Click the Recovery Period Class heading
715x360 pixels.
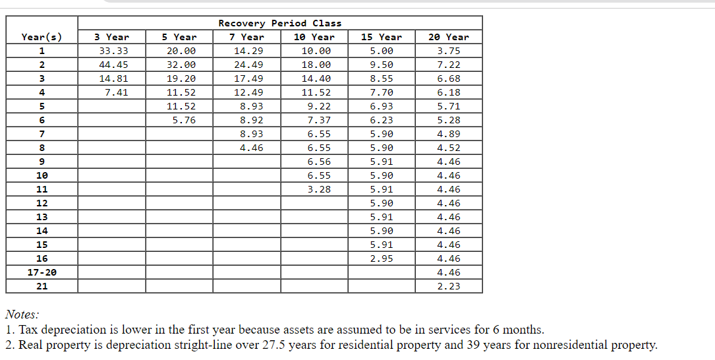point(279,23)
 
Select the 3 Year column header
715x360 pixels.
point(111,37)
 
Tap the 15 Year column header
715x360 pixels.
point(381,37)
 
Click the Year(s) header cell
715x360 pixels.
point(42,37)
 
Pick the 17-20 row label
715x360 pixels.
point(42,272)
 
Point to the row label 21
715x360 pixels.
point(42,286)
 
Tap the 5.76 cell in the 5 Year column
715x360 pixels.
point(181,120)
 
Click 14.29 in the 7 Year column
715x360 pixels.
point(248,51)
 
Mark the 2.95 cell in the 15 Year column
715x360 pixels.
point(382,258)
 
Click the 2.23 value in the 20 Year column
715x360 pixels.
point(449,286)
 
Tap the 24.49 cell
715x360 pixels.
point(248,65)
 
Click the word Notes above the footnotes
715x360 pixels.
point(22,315)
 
